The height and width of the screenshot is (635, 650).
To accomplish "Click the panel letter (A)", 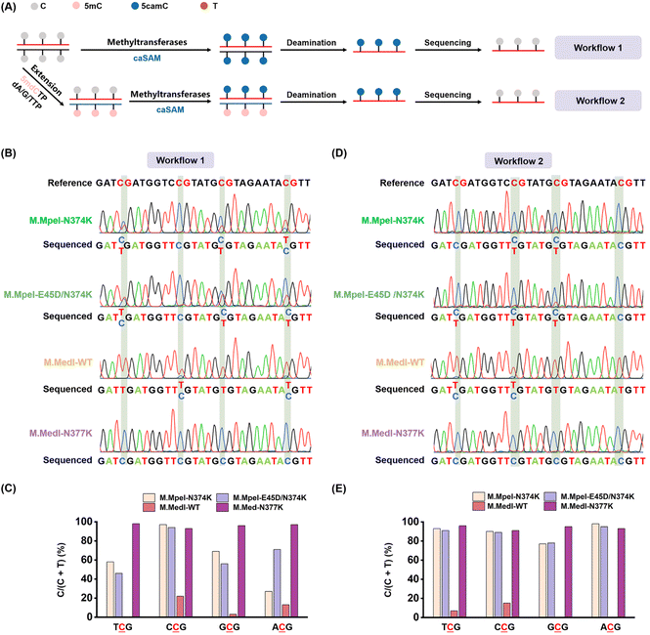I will pyautogui.click(x=12, y=8).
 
